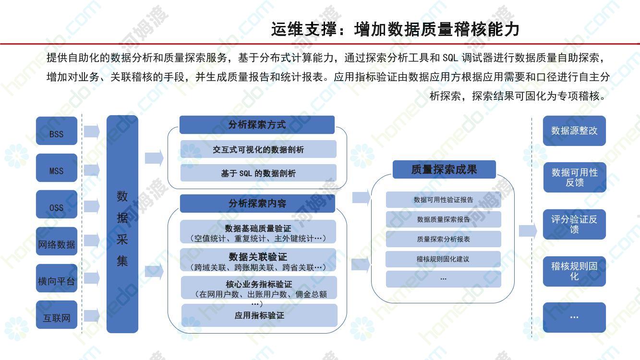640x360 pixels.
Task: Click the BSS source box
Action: [x=57, y=131]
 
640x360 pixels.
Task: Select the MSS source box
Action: [x=57, y=168]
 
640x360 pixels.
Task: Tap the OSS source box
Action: [x=57, y=204]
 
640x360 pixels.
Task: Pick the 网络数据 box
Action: [x=57, y=241]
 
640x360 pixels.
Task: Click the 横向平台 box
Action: [x=57, y=278]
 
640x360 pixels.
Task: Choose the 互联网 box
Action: [x=57, y=314]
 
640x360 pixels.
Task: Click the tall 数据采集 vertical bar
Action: [x=122, y=224]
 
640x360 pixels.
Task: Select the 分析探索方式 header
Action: [x=257, y=125]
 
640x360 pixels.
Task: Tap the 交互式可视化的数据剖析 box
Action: [x=258, y=149]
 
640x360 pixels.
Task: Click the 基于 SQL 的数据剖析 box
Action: [x=258, y=173]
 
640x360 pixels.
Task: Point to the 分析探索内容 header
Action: [x=257, y=204]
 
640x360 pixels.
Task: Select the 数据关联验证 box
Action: [x=258, y=260]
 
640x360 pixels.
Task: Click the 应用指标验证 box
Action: [x=259, y=315]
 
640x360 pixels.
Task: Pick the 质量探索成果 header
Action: [x=444, y=169]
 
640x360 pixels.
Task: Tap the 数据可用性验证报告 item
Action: [x=444, y=199]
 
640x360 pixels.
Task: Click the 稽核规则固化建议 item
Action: [x=443, y=259]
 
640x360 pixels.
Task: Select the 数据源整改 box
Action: [x=574, y=131]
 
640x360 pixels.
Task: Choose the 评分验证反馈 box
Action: [x=574, y=224]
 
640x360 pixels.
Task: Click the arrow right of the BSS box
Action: [x=92, y=132]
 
